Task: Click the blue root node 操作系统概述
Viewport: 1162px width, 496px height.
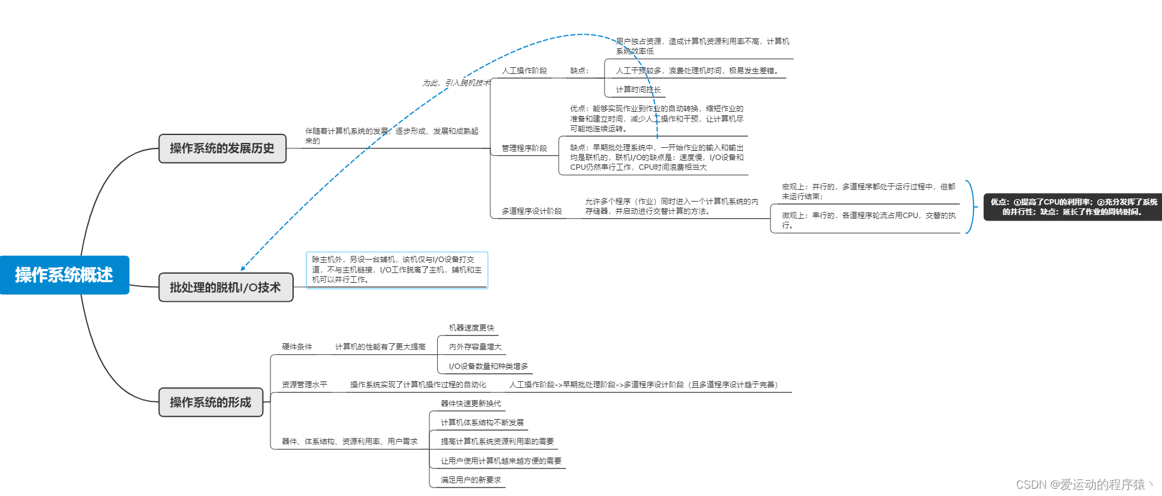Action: (64, 275)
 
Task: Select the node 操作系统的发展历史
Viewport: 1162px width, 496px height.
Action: (222, 148)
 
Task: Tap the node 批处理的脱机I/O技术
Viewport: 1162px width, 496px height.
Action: (225, 287)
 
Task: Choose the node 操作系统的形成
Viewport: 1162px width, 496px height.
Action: (211, 402)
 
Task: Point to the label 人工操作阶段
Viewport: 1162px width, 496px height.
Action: (524, 71)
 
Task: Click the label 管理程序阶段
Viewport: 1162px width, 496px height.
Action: (524, 148)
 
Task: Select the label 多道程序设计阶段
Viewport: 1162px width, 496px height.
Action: (531, 211)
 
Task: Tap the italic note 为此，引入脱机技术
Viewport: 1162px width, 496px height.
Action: (456, 83)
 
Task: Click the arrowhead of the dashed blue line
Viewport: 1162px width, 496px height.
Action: (242, 268)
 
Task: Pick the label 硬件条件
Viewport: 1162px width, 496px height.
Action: (297, 347)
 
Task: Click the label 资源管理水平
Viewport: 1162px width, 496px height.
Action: (304, 385)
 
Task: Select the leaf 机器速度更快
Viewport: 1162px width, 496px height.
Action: (471, 328)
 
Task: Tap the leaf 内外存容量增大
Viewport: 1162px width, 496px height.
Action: (475, 347)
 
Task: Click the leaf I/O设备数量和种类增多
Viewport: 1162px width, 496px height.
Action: (488, 367)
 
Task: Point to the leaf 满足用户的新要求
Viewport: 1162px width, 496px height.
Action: (471, 480)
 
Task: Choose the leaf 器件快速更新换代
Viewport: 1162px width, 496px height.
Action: (471, 404)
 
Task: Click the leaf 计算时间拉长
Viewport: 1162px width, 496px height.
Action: (638, 90)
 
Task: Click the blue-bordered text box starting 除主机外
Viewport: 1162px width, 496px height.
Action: (397, 269)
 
